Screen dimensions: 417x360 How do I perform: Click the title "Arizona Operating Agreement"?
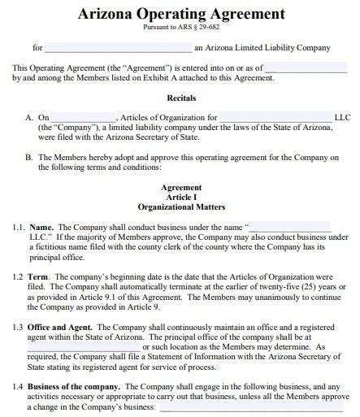[180, 14]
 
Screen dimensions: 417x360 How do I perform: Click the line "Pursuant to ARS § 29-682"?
[180, 28]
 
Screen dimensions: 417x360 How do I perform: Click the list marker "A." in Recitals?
[30, 117]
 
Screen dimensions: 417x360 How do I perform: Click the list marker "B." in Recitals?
[30, 157]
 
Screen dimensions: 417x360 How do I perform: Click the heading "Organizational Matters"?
[180, 206]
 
